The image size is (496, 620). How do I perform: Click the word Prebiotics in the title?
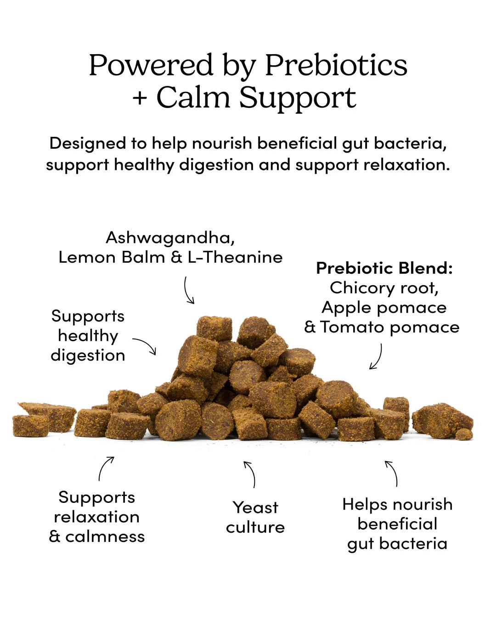(x=336, y=65)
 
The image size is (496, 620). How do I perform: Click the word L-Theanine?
(x=235, y=257)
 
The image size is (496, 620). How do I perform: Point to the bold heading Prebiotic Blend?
(x=384, y=268)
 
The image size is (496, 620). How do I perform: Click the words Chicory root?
(x=384, y=288)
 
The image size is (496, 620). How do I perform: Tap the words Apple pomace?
(x=384, y=308)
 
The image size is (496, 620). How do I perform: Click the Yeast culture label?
(x=255, y=517)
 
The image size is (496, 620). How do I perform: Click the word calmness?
(x=105, y=537)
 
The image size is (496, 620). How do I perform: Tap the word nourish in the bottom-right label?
(x=423, y=504)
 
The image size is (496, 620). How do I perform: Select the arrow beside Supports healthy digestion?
(x=147, y=343)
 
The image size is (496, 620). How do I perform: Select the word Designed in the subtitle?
(x=88, y=143)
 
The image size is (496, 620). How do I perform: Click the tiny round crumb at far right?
(x=464, y=434)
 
